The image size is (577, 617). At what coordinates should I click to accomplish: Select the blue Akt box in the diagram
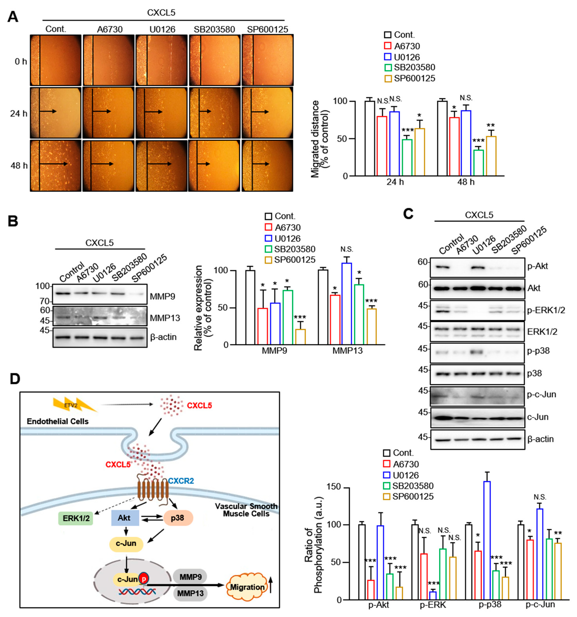pos(125,518)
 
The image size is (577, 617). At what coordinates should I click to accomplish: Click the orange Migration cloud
pos(247,587)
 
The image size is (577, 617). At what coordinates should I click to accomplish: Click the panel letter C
pos(408,214)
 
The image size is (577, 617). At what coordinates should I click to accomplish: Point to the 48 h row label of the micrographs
pos(19,165)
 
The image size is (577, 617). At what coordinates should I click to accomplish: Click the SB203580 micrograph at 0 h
pos(214,60)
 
